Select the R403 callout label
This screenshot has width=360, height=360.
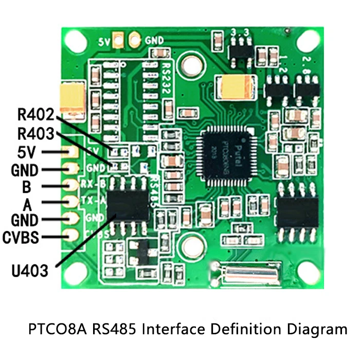pyautogui.click(x=35, y=135)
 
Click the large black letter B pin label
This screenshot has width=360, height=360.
pyautogui.click(x=27, y=187)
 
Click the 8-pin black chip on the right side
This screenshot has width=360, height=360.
pyautogui.click(x=298, y=212)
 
